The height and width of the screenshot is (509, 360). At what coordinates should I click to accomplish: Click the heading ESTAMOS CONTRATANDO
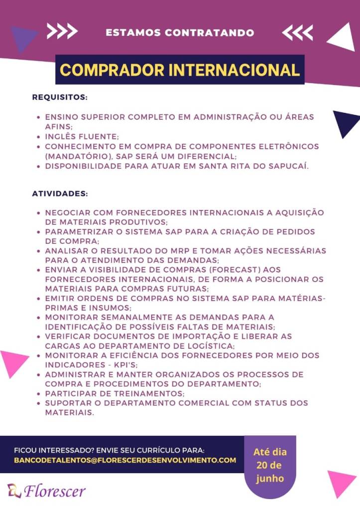coord(180,33)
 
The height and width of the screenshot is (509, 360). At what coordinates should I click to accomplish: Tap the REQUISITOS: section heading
coord(60,97)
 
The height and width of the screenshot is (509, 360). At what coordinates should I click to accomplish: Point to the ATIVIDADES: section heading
coord(60,193)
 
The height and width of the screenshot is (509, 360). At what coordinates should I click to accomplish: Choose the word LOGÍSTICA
coord(209,346)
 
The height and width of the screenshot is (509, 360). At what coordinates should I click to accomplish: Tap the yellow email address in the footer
coord(125,460)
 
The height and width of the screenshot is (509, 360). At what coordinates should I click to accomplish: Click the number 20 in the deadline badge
coord(262,466)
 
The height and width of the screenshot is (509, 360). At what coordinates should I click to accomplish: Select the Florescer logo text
coord(54,491)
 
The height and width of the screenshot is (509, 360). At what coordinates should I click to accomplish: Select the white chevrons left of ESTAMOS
coord(62,32)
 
